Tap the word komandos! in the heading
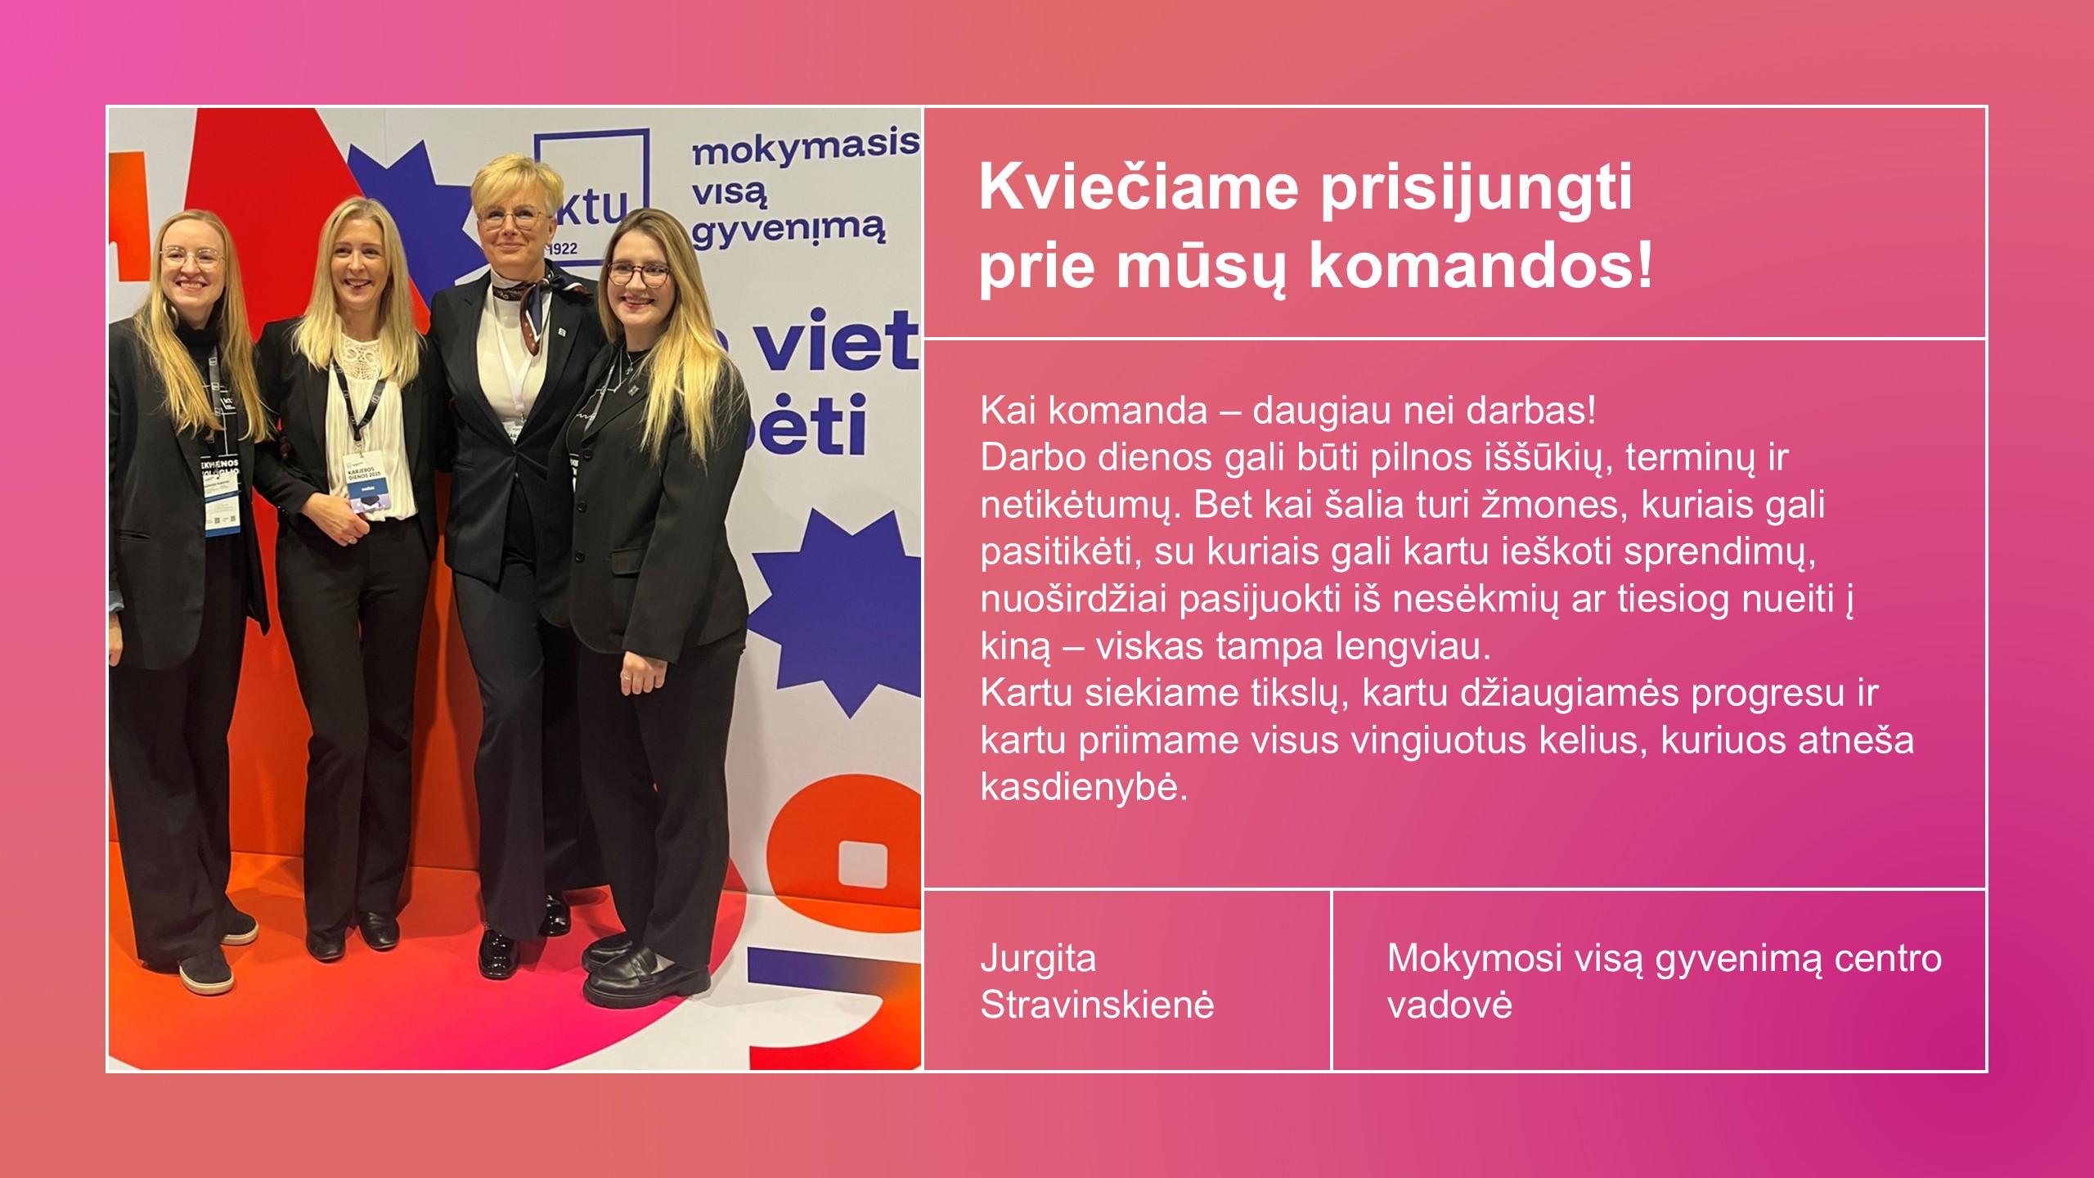[x=1481, y=266]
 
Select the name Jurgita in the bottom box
[x=1038, y=958]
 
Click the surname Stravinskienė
[x=1097, y=1005]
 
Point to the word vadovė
[x=1449, y=1005]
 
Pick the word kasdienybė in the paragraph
[x=1083, y=787]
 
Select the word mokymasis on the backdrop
[x=805, y=146]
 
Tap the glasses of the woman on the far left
[x=190, y=258]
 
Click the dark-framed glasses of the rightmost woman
[x=638, y=274]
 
